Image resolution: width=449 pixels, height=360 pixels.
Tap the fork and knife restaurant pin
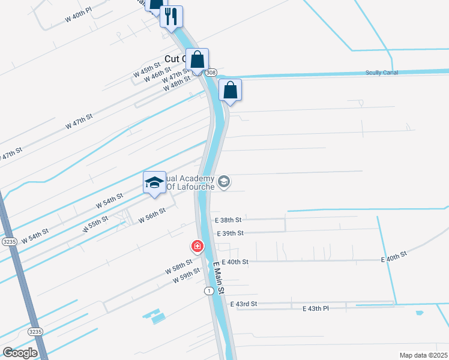click(172, 16)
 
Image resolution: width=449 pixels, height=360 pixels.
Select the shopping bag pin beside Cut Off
click(197, 60)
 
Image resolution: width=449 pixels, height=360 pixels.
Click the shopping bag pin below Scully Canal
click(230, 91)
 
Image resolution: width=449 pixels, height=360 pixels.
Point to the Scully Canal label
click(382, 73)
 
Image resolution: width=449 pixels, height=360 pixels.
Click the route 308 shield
click(210, 73)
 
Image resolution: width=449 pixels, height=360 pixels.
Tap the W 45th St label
click(147, 70)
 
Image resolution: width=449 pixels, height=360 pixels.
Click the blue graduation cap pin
click(154, 183)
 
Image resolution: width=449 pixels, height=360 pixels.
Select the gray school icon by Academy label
click(224, 181)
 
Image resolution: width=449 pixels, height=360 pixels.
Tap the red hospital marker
click(196, 246)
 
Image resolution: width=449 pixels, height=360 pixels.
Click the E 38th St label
click(228, 220)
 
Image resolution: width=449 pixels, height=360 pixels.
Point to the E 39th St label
click(230, 233)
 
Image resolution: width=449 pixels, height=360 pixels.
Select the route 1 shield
click(208, 290)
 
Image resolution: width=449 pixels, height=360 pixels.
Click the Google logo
click(20, 353)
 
